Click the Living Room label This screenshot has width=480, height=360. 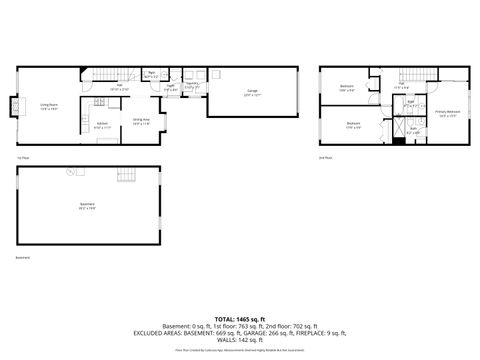click(x=48, y=105)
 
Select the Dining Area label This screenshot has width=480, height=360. click(x=142, y=121)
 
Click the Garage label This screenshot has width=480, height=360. click(x=252, y=92)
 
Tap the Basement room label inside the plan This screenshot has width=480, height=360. click(x=88, y=207)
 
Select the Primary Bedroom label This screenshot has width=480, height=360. click(x=447, y=112)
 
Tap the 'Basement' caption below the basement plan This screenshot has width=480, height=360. click(x=22, y=258)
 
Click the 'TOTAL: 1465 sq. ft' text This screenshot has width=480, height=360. click(x=240, y=315)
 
